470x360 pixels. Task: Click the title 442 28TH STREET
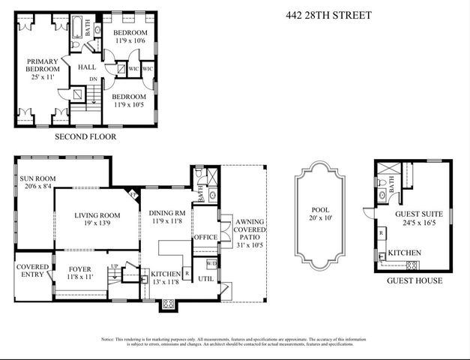pyautogui.click(x=329, y=15)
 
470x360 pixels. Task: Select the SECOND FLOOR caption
pyautogui.click(x=85, y=137)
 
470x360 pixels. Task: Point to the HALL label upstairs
pyautogui.click(x=88, y=67)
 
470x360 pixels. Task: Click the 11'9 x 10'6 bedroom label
pyautogui.click(x=130, y=39)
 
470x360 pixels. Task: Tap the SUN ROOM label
pyautogui.click(x=37, y=184)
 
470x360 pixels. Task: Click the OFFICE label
pyautogui.click(x=206, y=237)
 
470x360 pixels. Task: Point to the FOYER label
pyautogui.click(x=80, y=272)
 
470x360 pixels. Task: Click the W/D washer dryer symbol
pyautogui.click(x=211, y=263)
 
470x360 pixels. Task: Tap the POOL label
pyautogui.click(x=319, y=215)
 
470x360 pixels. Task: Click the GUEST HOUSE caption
pyautogui.click(x=414, y=281)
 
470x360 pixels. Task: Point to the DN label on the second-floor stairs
pyautogui.click(x=93, y=78)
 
